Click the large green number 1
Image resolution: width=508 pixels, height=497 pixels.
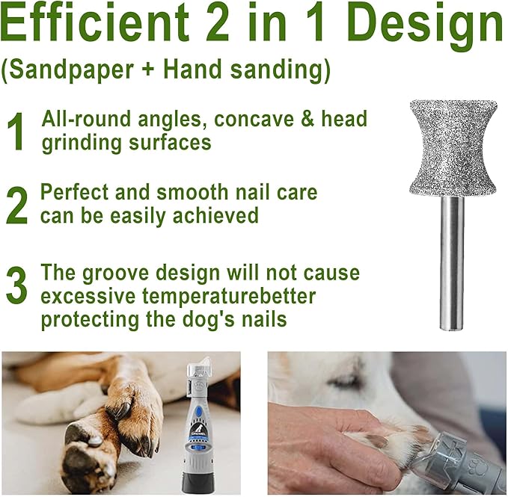tap(16, 132)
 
